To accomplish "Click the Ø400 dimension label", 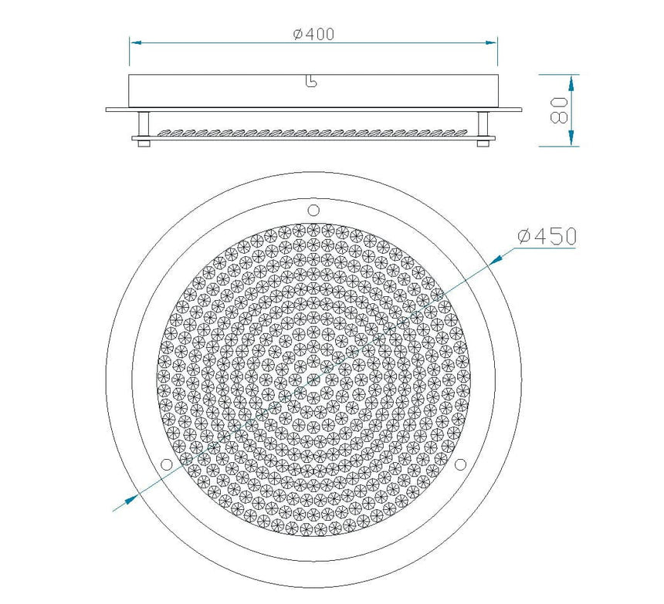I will coord(313,34).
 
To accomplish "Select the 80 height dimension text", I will coord(561,110).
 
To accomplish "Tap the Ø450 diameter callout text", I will coord(547,237).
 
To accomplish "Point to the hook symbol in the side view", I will coord(311,82).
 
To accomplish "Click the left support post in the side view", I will coord(144,125).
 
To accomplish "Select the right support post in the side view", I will coord(483,125).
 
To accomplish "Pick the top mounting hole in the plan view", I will coord(313,210).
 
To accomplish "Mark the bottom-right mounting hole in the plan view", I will coord(461,464).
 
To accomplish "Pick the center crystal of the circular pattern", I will coord(313,379).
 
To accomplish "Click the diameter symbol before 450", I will coord(523,237).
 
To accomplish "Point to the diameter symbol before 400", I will coord(297,34).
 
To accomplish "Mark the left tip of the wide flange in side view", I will coord(107,110).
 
